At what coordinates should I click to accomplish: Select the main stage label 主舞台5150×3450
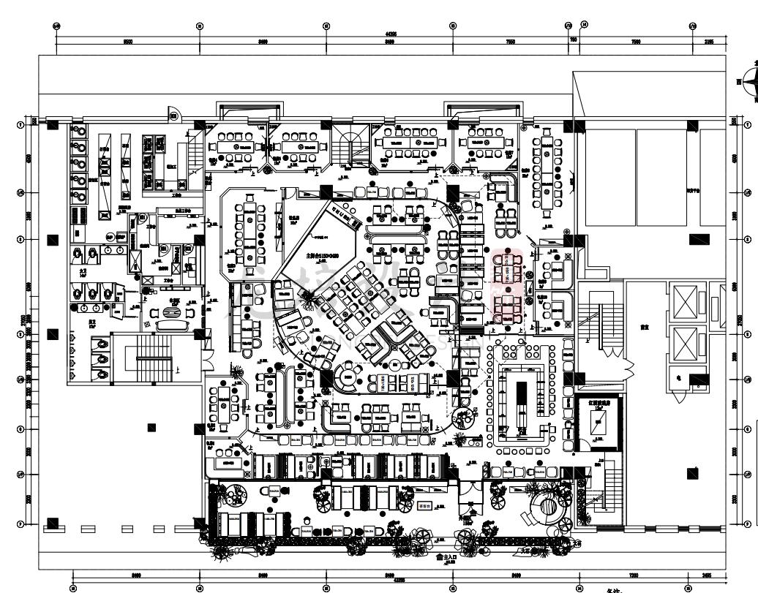point(323,257)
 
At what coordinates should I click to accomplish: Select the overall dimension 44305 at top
point(391,34)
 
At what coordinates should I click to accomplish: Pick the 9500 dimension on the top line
point(128,42)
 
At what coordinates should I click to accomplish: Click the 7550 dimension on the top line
point(510,42)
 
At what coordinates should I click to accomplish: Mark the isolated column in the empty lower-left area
point(151,427)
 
